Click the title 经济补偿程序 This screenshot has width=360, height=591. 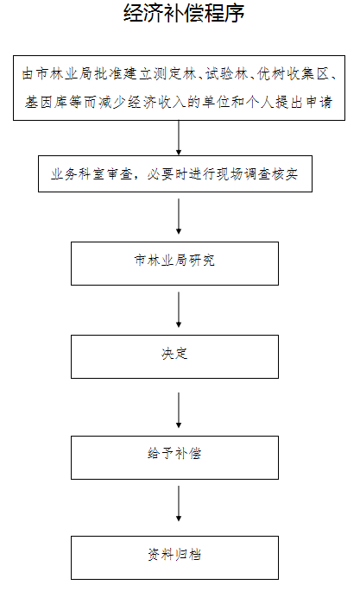pos(184,13)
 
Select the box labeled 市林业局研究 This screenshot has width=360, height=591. pos(174,263)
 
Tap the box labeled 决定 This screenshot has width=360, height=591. pos(174,356)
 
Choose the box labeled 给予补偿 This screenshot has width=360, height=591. pos(174,457)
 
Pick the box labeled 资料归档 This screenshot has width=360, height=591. pos(174,557)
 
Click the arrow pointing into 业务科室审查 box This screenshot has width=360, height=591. pos(179,138)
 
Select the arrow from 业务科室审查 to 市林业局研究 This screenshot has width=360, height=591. pos(179,217)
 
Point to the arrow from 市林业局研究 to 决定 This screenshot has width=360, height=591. pos(179,310)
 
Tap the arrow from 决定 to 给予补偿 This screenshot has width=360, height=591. pos(179,410)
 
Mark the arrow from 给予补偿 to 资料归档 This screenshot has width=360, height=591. pos(179,504)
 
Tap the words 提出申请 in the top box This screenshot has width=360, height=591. pos(304,102)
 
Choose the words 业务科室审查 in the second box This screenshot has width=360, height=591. pos(92,174)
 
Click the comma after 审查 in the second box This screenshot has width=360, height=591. pos(138,178)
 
